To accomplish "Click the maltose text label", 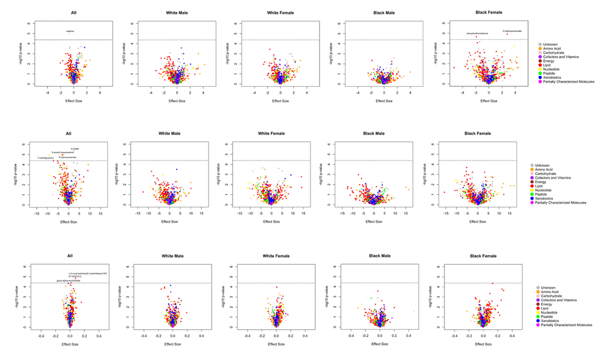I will pos(71,31).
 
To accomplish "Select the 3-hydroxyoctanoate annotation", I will pos(512,31).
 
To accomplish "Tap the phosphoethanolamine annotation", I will pos(478,33).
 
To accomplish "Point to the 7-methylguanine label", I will pos(46,158).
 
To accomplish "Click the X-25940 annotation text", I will pos(75,148).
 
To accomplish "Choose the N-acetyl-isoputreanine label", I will pos(63,153).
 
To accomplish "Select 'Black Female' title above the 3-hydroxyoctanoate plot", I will pos(488,12).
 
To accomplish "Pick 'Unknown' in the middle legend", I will pos(550,165).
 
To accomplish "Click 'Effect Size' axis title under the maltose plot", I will pos(74,101).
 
